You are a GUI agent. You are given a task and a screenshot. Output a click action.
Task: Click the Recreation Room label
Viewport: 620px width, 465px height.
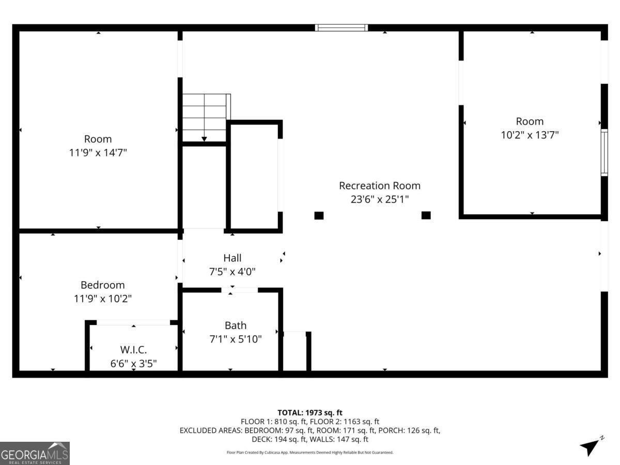(x=379, y=185)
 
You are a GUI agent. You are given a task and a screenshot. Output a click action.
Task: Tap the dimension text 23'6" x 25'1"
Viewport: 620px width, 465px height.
(x=379, y=199)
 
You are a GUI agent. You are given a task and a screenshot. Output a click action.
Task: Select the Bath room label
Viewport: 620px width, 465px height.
(x=235, y=326)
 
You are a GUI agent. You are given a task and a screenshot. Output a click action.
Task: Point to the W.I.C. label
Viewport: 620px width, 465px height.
(x=133, y=349)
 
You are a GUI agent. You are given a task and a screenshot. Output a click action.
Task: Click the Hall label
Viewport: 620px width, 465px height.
(x=232, y=257)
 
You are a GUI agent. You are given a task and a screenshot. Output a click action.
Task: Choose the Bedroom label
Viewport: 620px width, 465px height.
(x=102, y=285)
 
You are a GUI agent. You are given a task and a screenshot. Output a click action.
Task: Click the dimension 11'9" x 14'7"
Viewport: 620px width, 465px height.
(x=98, y=153)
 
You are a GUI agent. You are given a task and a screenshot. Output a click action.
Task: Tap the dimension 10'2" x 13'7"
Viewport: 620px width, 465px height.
(x=530, y=135)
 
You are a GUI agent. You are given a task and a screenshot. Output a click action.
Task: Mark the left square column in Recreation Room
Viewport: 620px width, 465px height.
(x=319, y=215)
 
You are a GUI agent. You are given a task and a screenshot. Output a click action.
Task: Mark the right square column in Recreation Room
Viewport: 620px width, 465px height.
(x=426, y=215)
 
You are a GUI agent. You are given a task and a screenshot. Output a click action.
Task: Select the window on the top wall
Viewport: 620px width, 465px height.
(x=342, y=28)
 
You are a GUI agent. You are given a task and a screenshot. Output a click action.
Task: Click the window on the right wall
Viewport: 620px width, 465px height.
(x=604, y=153)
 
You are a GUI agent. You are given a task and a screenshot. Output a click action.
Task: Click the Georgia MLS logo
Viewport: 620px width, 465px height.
(x=35, y=453)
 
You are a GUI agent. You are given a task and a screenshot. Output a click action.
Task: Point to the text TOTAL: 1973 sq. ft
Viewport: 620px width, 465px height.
(x=310, y=412)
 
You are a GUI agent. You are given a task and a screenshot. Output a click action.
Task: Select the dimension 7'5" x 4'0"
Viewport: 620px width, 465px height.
(x=232, y=271)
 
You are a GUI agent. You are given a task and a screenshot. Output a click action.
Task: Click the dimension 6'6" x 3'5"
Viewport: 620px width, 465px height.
(x=133, y=363)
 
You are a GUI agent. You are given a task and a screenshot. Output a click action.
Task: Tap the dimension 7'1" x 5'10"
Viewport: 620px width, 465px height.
(x=235, y=339)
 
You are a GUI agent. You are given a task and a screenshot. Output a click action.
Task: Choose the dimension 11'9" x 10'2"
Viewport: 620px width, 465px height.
(x=102, y=299)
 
